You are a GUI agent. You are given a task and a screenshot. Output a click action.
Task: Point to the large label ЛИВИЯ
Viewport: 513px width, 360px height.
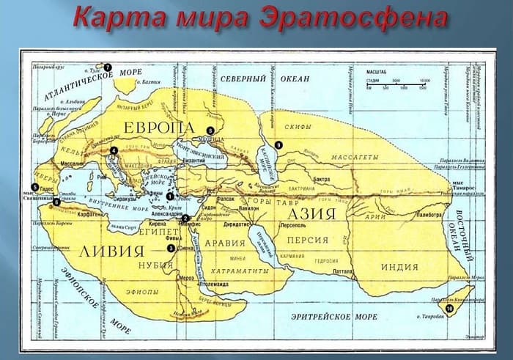[x=109, y=251]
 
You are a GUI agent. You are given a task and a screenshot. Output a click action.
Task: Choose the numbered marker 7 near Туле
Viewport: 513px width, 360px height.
[x=107, y=67]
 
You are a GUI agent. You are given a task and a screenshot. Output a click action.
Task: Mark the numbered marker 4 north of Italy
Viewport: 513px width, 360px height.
[x=114, y=151]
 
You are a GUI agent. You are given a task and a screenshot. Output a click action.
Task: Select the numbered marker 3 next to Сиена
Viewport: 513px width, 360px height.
[x=170, y=249]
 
